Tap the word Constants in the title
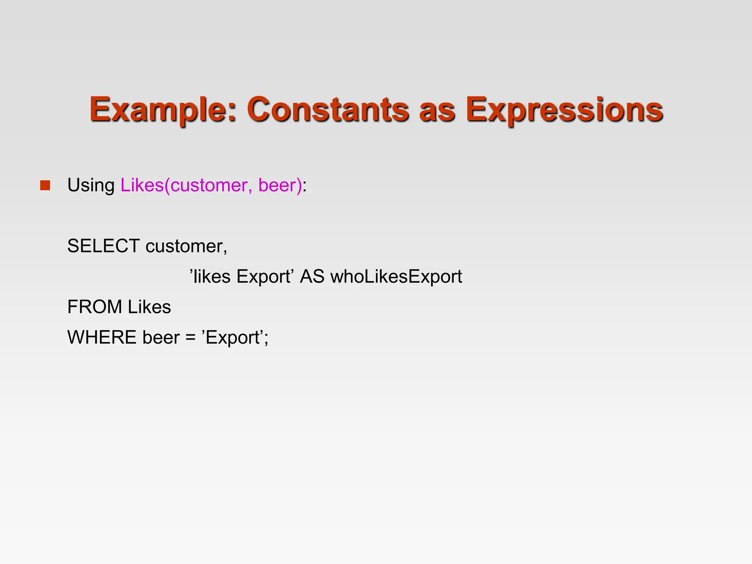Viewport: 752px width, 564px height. tap(327, 109)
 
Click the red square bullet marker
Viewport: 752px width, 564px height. tap(45, 185)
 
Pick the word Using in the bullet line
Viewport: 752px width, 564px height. tap(91, 185)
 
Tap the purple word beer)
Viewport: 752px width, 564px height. tap(280, 185)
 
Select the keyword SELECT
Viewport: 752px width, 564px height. tap(103, 246)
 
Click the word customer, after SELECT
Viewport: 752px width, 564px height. tap(186, 246)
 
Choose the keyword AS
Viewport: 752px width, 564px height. tap(312, 276)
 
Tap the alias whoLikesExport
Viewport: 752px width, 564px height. tap(396, 276)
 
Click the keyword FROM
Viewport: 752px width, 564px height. tap(94, 307)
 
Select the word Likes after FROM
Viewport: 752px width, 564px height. tap(149, 307)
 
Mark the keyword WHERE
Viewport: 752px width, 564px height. tap(102, 337)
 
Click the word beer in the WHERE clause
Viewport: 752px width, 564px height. tap(161, 337)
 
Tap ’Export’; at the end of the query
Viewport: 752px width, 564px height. tap(235, 337)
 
